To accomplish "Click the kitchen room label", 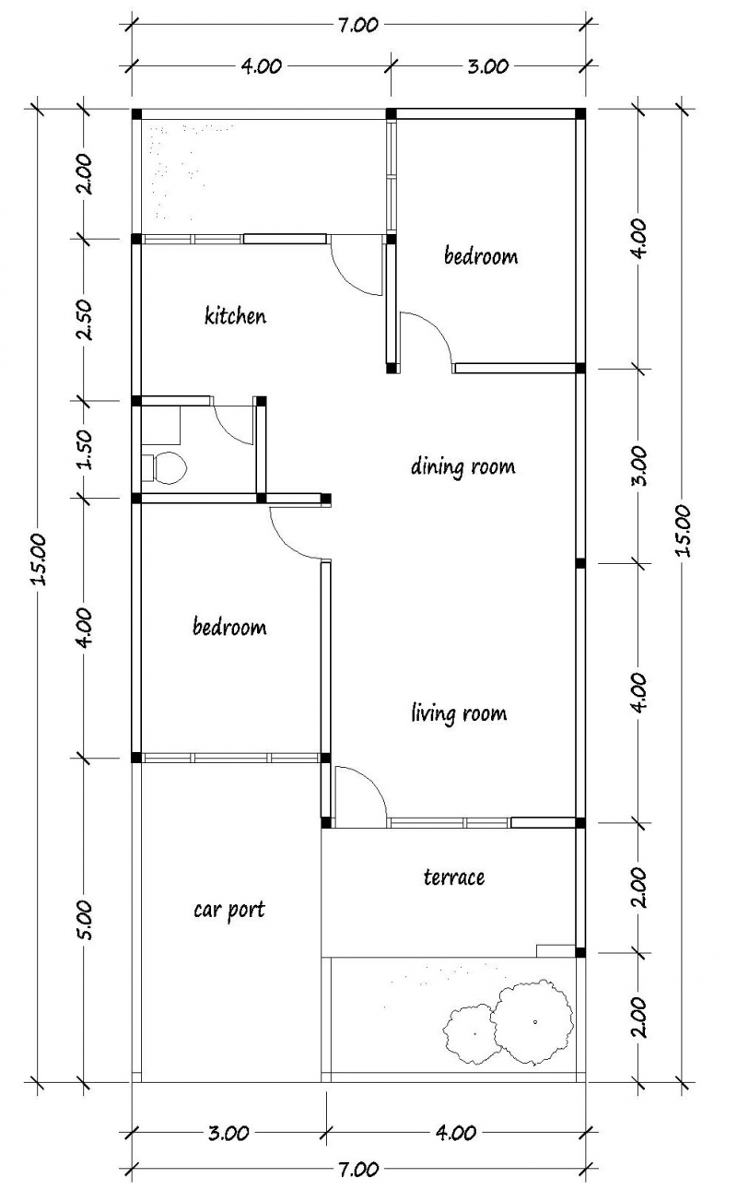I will pos(235,316).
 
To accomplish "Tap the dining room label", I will pos(462,466).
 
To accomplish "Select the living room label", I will pos(458,713).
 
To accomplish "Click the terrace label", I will pos(453,877).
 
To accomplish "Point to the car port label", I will pos(228,910).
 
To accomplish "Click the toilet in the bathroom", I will pos(166,467).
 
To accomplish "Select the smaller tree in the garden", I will pos(474,1032).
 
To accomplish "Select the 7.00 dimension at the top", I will pos(358,25).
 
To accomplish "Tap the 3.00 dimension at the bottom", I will pos(228,1134).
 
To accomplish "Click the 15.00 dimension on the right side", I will pos(683,531).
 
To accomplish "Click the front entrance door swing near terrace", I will pos(359,793).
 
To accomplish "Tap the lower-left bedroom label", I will pos(228,628).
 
